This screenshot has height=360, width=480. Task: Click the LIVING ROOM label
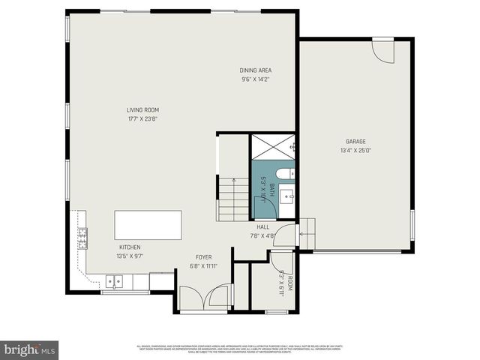click(142, 110)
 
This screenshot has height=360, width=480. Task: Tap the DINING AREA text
click(256, 70)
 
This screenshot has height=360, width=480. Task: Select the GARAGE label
click(355, 141)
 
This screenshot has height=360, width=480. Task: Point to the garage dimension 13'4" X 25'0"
click(355, 149)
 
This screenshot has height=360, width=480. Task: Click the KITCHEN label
click(130, 247)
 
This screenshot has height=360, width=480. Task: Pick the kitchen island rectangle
click(148, 224)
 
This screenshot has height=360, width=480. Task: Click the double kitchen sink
click(114, 283)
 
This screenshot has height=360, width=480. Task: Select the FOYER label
click(204, 256)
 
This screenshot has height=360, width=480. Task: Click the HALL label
click(263, 227)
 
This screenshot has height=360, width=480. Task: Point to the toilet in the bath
click(285, 174)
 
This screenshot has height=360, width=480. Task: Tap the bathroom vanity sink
click(287, 196)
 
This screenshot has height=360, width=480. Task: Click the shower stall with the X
click(273, 148)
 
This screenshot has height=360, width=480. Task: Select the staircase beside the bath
click(233, 199)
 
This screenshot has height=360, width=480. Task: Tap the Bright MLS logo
click(29, 349)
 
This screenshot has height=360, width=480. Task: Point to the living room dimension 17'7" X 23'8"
click(142, 118)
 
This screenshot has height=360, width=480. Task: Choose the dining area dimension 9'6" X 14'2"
click(256, 79)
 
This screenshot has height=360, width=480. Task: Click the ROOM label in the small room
click(289, 283)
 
